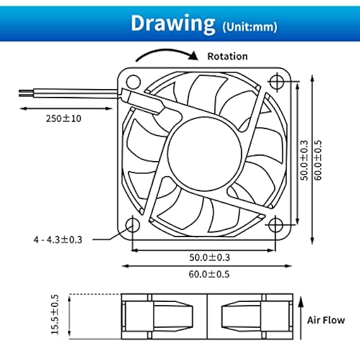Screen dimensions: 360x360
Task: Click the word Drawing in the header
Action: [x=173, y=24]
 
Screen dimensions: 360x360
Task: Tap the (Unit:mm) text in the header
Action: [x=250, y=27]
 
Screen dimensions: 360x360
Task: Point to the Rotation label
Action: [x=227, y=56]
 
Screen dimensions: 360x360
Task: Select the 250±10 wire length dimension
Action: [x=64, y=119]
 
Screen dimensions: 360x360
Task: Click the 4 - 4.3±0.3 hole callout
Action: [x=58, y=240]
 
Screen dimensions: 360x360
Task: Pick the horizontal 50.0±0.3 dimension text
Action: [x=209, y=258]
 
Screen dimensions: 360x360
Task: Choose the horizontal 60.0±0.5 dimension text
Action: [x=209, y=274]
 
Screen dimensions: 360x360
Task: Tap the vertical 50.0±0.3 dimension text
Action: [x=304, y=160]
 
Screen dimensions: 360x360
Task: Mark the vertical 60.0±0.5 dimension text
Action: [x=318, y=160]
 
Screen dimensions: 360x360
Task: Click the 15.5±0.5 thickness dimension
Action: [x=55, y=315]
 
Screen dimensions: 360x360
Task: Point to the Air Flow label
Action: [x=326, y=320]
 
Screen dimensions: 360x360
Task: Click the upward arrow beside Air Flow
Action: [x=301, y=318]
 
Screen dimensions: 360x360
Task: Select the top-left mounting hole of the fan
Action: [x=133, y=82]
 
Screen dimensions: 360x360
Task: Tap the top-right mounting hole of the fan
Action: [x=277, y=81]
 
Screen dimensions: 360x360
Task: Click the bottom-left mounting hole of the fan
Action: [x=133, y=225]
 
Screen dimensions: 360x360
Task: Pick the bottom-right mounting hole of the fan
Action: [x=275, y=225]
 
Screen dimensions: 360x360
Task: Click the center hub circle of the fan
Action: [x=204, y=154]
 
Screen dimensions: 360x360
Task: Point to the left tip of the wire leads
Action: [x=19, y=93]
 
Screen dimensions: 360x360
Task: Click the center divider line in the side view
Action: [x=207, y=316]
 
